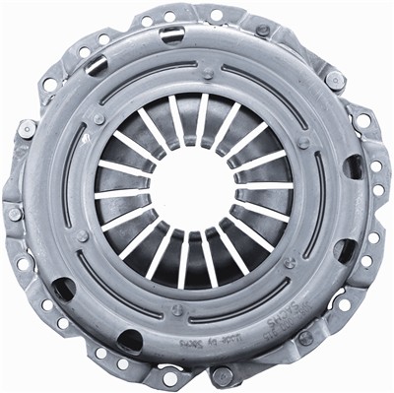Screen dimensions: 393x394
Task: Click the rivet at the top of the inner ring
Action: click(207, 73)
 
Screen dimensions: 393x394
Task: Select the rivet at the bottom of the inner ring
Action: click(177, 310)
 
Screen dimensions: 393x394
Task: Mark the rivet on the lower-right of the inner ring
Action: click(290, 262)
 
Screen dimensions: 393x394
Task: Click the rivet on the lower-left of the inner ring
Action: click(83, 236)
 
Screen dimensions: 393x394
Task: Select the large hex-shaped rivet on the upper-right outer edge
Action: click(336, 80)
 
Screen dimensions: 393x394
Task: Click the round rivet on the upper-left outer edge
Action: click(27, 129)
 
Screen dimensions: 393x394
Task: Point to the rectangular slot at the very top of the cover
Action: click(171, 35)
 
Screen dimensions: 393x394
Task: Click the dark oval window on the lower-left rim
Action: click(62, 290)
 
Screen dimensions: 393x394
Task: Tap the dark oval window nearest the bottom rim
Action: click(129, 342)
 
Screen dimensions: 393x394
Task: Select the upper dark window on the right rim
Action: click(352, 167)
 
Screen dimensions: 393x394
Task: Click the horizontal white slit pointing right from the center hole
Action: click(264, 185)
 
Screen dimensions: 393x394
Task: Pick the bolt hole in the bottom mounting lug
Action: click(170, 378)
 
